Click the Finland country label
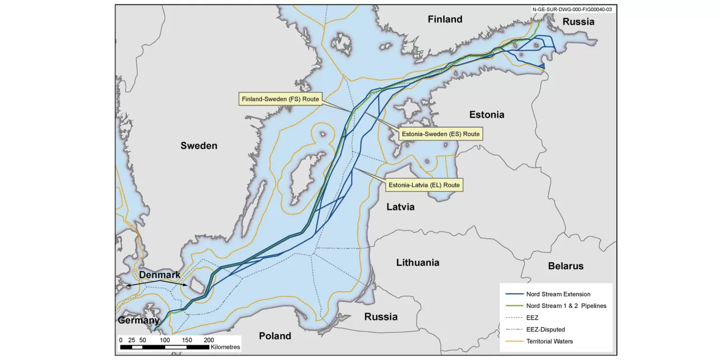445,20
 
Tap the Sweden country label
199,146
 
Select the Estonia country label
486,114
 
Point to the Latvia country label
400,207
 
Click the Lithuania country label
417,262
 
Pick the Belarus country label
565,266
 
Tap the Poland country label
275,335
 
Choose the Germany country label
138,320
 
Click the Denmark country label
160,275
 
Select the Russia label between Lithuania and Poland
381,316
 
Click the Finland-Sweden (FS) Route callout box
280,99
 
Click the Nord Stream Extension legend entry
558,294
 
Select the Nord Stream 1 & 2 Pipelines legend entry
565,306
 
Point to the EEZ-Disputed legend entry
545,329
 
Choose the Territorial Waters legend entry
549,341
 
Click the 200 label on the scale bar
208,339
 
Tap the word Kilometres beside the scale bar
225,347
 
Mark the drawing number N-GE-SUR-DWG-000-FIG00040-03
572,9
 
